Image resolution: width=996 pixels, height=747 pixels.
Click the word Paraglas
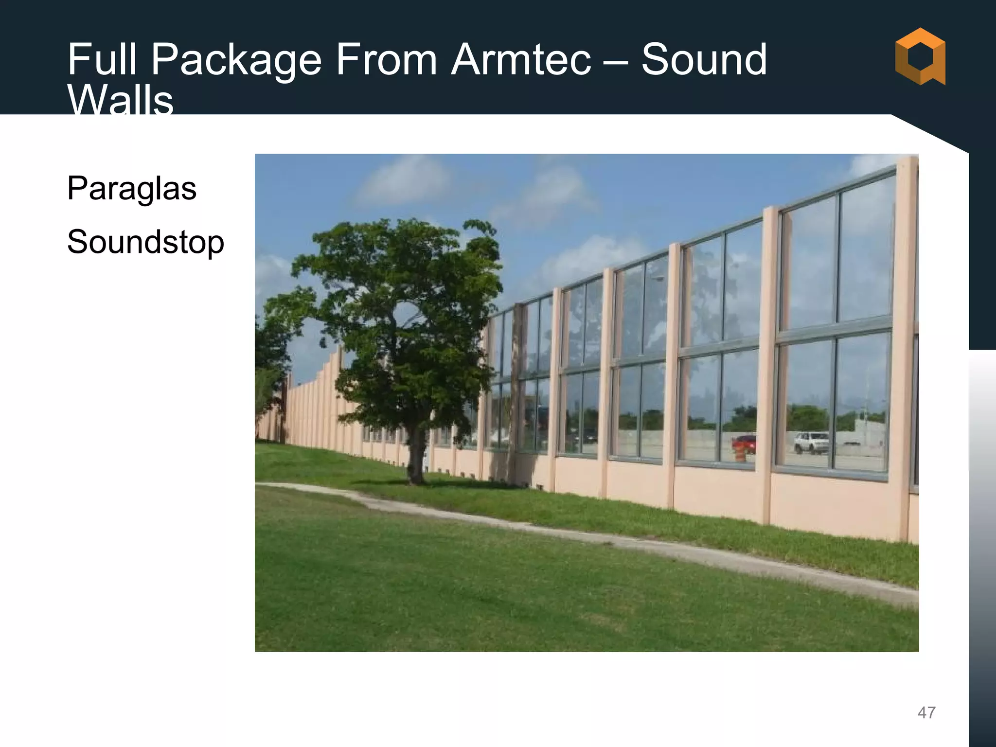click(132, 189)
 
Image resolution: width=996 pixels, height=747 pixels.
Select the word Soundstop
click(145, 242)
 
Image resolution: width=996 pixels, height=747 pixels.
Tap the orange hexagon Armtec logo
click(920, 56)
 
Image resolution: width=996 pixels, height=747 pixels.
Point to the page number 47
click(926, 712)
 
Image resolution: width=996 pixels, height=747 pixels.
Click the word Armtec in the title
click(521, 60)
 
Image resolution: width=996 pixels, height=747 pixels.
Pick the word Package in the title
click(236, 61)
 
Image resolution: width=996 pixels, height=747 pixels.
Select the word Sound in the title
click(704, 60)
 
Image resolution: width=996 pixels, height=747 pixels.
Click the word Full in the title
click(102, 60)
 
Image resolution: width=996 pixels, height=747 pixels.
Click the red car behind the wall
click(744, 444)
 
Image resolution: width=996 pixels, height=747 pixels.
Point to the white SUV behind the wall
click(811, 442)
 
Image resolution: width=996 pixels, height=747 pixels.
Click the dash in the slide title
click(616, 61)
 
